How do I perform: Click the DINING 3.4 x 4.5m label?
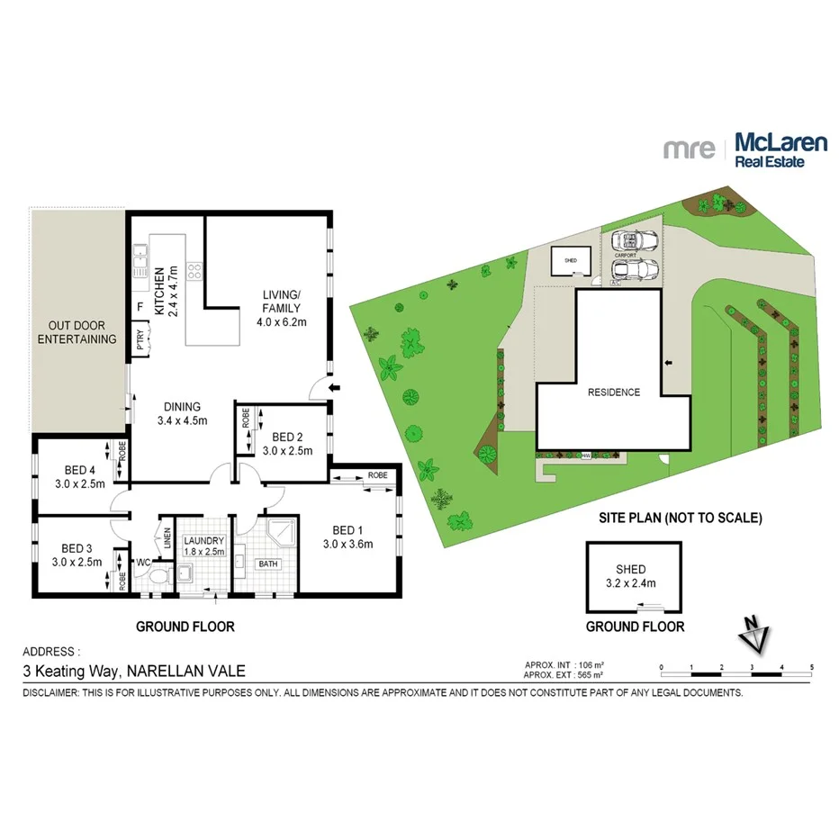click(x=182, y=413)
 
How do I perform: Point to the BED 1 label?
click(x=347, y=537)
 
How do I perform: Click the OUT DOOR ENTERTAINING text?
click(x=82, y=332)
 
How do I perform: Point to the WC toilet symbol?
click(x=157, y=575)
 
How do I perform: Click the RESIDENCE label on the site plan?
click(x=613, y=392)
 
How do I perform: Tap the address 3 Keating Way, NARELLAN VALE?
click(x=132, y=670)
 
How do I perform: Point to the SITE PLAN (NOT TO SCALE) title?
click(x=681, y=518)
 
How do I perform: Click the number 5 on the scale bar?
click(x=812, y=667)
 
